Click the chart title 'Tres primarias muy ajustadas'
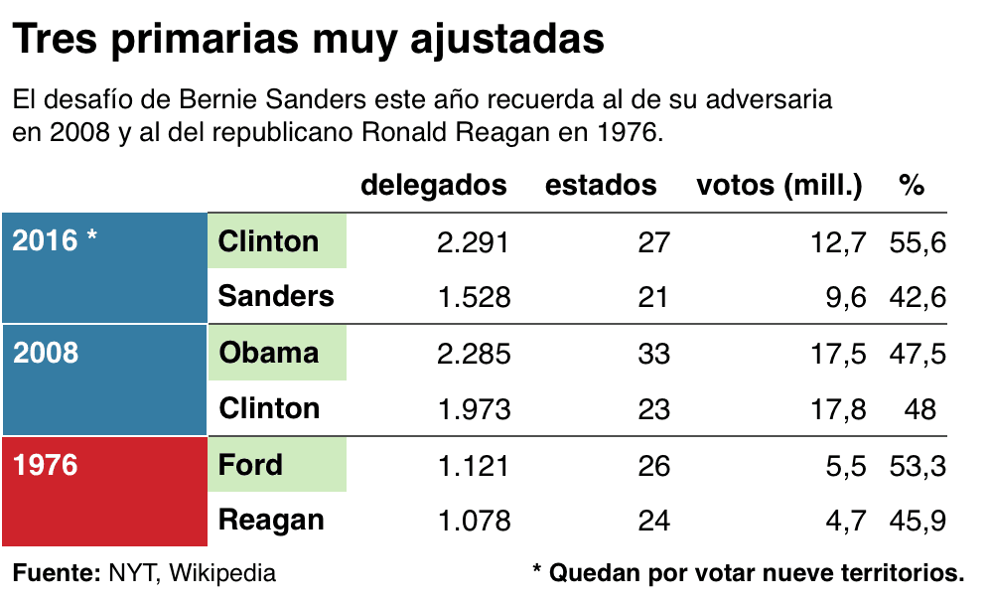tap(308, 41)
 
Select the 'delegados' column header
tap(433, 185)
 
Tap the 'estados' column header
tap(601, 185)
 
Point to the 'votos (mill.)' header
tap(779, 185)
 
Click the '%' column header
tap(912, 185)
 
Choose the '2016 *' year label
tap(56, 240)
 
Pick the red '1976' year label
tap(46, 465)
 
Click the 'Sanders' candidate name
tap(276, 296)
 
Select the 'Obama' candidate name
tap(268, 353)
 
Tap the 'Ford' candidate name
tap(250, 465)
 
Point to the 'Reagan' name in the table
tap(270, 520)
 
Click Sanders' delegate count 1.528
tap(474, 297)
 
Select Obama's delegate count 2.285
tap(474, 354)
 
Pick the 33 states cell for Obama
tap(654, 354)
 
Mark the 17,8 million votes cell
tap(839, 409)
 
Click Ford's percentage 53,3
tap(918, 465)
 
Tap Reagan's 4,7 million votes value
tap(846, 521)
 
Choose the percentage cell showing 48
tap(920, 409)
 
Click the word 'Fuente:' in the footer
tap(56, 573)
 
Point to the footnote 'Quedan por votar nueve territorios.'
tap(758, 573)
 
